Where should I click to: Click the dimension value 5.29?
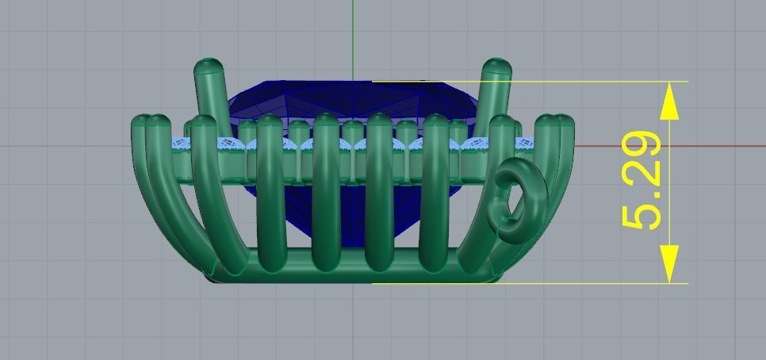pos(642,181)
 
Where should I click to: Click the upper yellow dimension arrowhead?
pos(670,100)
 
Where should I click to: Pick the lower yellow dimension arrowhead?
pos(670,264)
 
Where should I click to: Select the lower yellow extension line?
pos(555,282)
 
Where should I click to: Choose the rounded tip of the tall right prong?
pos(496,67)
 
